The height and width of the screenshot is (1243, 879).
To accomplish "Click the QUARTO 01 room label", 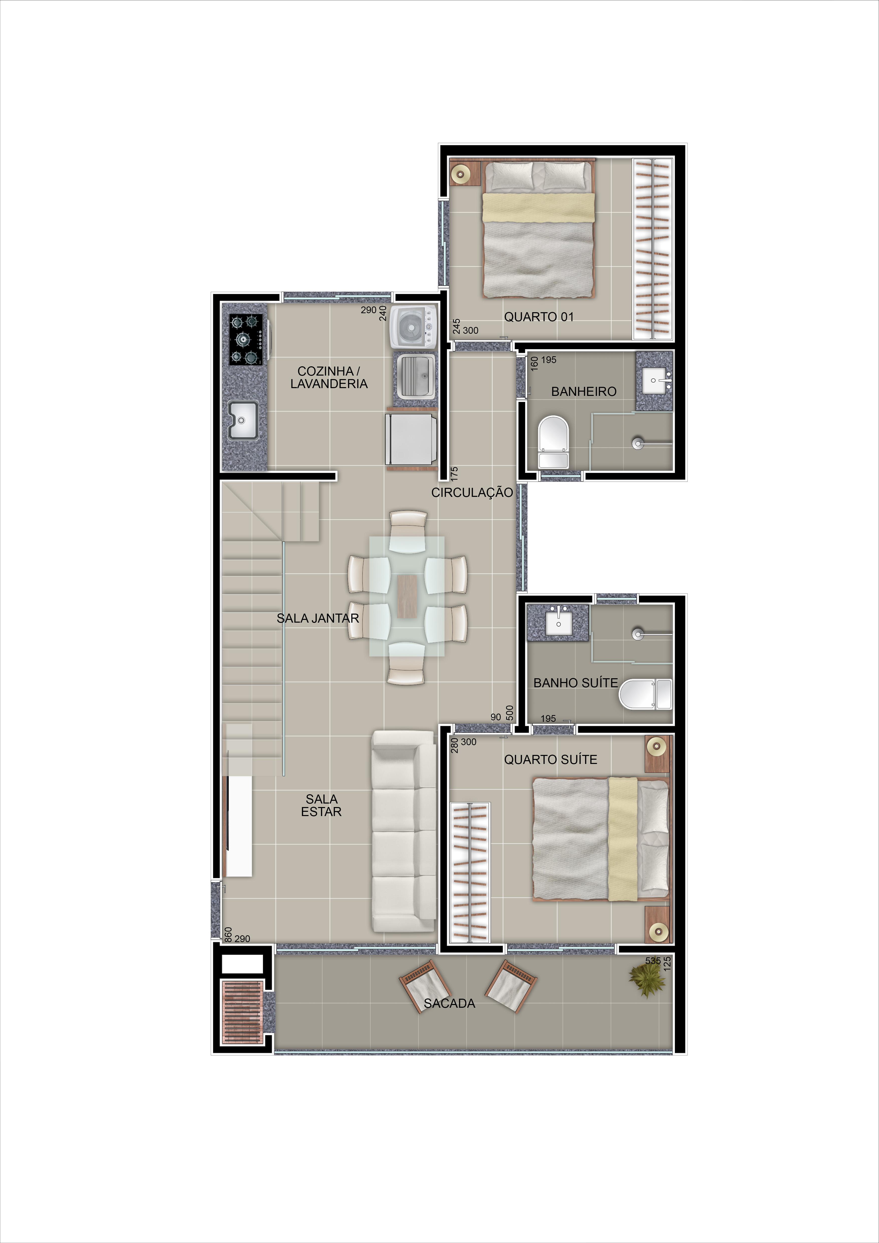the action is coord(538,317).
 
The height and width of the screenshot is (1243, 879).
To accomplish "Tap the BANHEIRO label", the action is coord(584,391).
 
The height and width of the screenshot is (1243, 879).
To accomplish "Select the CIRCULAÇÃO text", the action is coord(472,492).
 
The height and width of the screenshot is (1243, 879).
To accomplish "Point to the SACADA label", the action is coord(449,1003).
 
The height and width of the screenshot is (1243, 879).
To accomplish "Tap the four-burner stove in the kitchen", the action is coord(246,340).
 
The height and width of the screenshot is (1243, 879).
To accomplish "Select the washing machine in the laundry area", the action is coord(413,326).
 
